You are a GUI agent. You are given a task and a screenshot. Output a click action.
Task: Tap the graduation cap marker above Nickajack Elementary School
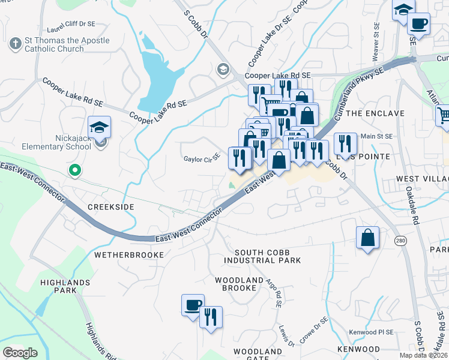[99, 127]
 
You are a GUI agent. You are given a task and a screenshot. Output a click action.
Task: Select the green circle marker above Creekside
[74, 171]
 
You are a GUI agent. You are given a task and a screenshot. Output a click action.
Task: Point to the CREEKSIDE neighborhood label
[110, 206]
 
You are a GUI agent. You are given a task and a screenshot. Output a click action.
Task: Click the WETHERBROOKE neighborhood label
[129, 255]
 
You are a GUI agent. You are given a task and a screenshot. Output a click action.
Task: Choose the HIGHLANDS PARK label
[65, 286]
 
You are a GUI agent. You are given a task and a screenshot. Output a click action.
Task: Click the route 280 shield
[400, 241]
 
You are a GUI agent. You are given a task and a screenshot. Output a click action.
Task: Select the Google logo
[20, 353]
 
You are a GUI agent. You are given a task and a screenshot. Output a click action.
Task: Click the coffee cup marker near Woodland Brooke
[193, 305]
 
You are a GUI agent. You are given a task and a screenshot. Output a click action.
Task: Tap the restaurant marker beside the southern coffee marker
[211, 317]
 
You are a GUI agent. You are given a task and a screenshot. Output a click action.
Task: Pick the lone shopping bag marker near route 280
[367, 238]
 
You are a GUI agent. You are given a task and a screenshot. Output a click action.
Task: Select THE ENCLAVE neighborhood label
[372, 113]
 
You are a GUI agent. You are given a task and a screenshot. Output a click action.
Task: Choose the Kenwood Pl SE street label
[372, 332]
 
